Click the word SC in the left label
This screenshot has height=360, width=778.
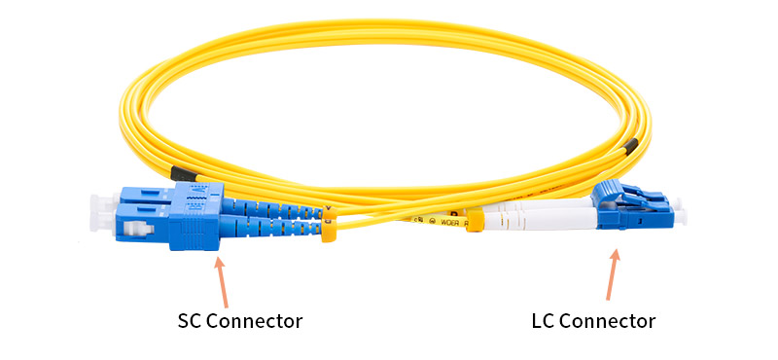pos(190,321)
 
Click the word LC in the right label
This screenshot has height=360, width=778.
pos(545,321)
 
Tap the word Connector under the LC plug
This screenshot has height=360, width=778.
pos(609,321)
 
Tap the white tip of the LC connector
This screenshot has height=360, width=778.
pos(674,211)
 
